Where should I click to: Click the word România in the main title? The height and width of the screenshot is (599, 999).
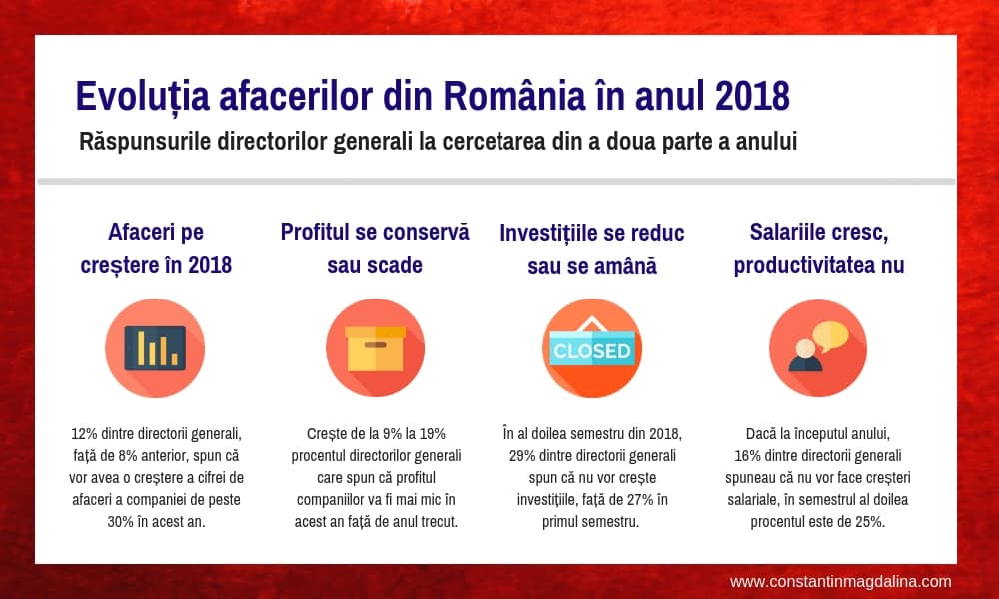click(x=514, y=96)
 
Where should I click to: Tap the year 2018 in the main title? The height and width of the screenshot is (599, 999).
click(x=752, y=96)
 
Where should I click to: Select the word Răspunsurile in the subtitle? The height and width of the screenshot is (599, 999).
click(x=145, y=142)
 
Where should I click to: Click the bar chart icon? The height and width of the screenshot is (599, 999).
click(x=155, y=348)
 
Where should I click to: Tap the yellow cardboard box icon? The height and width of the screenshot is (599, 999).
click(x=376, y=348)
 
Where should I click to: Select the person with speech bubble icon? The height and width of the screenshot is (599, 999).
click(x=818, y=348)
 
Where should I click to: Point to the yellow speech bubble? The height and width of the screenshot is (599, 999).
click(x=830, y=335)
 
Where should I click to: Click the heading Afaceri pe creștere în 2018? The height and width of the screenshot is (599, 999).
click(x=156, y=249)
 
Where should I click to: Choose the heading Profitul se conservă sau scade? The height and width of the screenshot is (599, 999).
click(x=375, y=249)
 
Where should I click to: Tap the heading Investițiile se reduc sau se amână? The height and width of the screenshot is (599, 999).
click(x=592, y=249)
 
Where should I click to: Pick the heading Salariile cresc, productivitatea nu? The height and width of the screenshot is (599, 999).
click(x=819, y=249)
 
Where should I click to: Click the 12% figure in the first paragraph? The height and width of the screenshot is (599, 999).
click(x=84, y=434)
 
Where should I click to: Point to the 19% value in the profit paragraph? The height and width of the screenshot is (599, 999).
click(x=433, y=434)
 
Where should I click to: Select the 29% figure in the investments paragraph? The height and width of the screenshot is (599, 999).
click(x=522, y=456)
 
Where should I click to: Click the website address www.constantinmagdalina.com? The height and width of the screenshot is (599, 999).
click(x=841, y=582)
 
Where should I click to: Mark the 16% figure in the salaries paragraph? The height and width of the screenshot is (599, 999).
click(x=748, y=456)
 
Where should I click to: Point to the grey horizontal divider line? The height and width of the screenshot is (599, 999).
click(x=497, y=182)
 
